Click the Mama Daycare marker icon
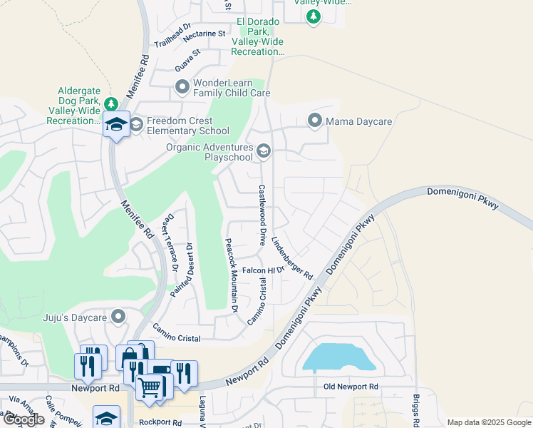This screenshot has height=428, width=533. pyautogui.click(x=315, y=121)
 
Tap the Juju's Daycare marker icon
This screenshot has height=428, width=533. pyautogui.click(x=118, y=316)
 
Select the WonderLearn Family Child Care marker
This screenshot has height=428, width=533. pyautogui.click(x=182, y=88)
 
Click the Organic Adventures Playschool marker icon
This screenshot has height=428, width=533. pyautogui.click(x=264, y=151)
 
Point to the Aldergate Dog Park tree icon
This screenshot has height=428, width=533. pyautogui.click(x=110, y=104)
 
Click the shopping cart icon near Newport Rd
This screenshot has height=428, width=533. pyautogui.click(x=149, y=387)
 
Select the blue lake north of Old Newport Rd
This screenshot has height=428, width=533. pyautogui.click(x=338, y=357)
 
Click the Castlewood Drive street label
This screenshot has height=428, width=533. pyautogui.click(x=262, y=214)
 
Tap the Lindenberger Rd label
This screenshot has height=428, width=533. pyautogui.click(x=292, y=258)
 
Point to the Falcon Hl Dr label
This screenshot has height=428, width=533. pyautogui.click(x=263, y=270)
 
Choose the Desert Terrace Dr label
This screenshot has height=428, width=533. pyautogui.click(x=171, y=243)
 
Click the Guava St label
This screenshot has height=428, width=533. pyautogui.click(x=187, y=59)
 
